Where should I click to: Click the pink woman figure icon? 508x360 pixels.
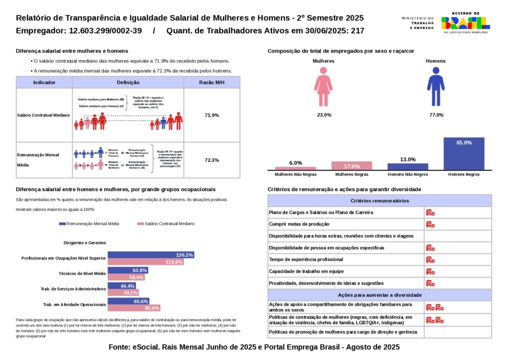[x=323, y=87]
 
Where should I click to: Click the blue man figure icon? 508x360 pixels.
[x=436, y=87]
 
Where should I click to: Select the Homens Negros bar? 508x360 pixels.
[x=464, y=154]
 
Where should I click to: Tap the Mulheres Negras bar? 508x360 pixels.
[x=351, y=166]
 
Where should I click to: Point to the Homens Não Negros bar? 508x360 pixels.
[x=407, y=167]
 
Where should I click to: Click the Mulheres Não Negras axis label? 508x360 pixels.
[x=296, y=175]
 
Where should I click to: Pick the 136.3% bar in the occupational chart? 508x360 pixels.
[x=151, y=255]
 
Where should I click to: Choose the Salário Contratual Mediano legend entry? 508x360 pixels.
[x=166, y=224]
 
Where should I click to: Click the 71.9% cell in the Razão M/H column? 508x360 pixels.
[x=212, y=115]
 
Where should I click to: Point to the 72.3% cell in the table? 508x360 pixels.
[x=212, y=160]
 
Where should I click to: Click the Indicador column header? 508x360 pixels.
[x=44, y=82]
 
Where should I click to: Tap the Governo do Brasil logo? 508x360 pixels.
[x=465, y=22]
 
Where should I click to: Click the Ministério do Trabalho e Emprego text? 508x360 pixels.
[x=418, y=23]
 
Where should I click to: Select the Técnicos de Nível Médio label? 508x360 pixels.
[x=82, y=274]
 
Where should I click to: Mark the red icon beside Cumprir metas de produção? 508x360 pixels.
[x=430, y=224]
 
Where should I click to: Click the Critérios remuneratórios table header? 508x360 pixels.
[x=380, y=201]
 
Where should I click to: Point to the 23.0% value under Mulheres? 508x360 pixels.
[x=324, y=115]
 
